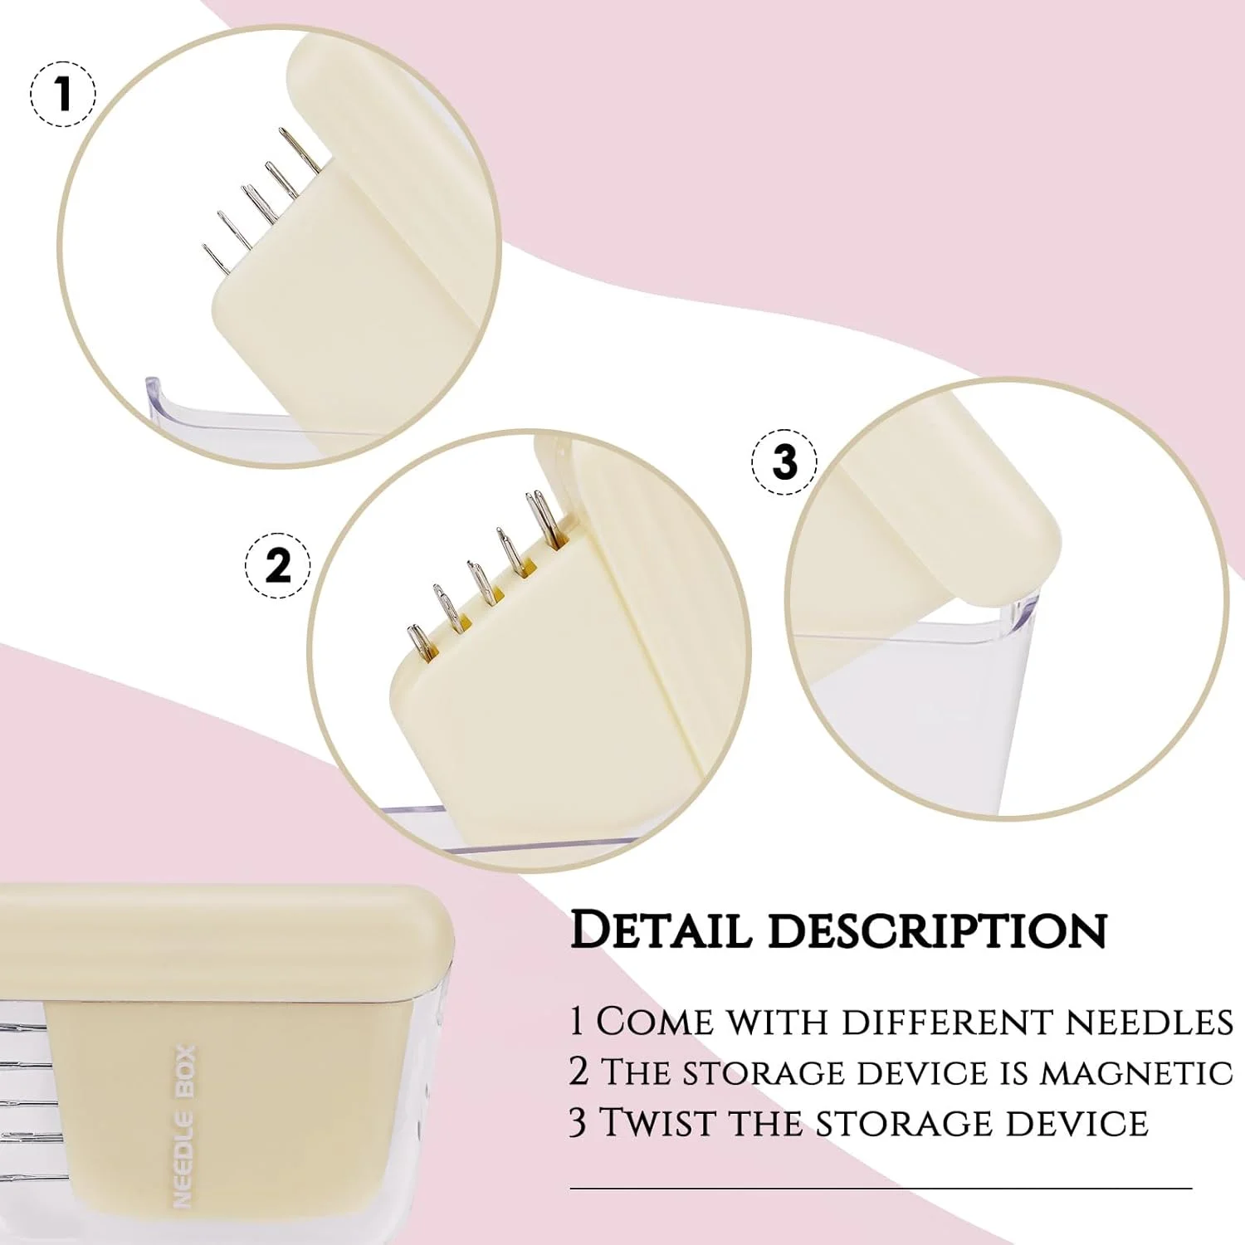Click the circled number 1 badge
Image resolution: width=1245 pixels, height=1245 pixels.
[x=63, y=94]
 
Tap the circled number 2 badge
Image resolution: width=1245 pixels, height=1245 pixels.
[x=277, y=566]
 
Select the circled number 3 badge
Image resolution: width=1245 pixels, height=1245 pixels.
[x=784, y=462]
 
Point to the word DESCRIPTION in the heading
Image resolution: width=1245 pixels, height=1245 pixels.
[x=938, y=930]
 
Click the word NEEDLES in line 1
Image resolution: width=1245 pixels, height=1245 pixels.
[x=1150, y=1022]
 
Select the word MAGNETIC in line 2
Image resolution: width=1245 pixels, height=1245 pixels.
[x=1137, y=1072]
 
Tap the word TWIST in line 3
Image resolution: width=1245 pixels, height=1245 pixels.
[x=655, y=1122]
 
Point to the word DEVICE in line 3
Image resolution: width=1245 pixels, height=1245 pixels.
[x=1077, y=1122]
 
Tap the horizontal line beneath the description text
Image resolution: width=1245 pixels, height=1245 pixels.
[x=881, y=1189]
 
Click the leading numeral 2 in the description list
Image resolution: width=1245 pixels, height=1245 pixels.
[x=579, y=1072]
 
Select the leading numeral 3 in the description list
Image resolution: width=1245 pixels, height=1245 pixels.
[x=579, y=1122]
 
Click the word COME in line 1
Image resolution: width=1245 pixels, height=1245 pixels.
[x=655, y=1022]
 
